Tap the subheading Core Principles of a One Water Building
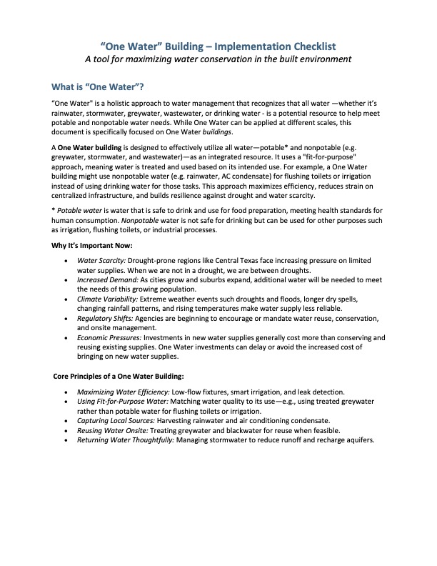tap(119, 376)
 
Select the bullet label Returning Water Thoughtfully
tap(121, 440)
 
